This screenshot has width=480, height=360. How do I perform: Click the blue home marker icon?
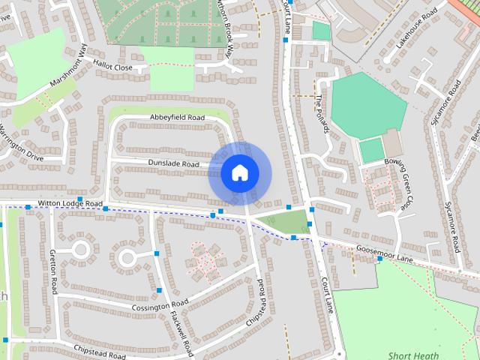pos(239,173)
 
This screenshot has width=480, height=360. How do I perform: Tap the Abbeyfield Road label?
pos(177,118)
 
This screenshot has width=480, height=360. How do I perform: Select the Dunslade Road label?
pos(173,164)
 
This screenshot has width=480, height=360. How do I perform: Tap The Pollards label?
pos(322,114)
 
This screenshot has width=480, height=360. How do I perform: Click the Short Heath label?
pos(409,355)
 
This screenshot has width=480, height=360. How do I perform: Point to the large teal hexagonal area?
pos(368,104)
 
